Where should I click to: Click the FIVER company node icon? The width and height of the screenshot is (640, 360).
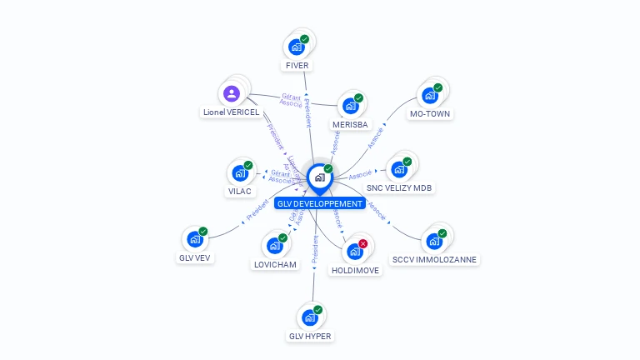point(296,47)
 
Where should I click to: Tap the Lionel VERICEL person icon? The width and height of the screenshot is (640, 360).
point(232,93)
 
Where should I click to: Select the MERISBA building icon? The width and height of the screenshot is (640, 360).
point(350,106)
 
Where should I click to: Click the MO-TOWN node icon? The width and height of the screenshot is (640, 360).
point(430,95)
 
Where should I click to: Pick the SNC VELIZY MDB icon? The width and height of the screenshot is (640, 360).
point(399,169)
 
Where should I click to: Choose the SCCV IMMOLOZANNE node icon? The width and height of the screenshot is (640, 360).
point(434,241)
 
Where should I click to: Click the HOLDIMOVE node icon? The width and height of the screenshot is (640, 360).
point(354,251)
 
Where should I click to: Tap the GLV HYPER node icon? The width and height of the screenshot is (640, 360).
point(309,317)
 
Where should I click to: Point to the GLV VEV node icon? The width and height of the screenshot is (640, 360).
point(195,239)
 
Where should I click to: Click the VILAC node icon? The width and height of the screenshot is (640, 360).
point(240,173)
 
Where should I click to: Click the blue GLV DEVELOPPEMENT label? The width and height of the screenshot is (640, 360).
point(320,203)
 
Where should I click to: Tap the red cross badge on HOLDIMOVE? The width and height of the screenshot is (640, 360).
point(362,243)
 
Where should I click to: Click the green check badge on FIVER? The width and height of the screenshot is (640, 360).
point(304,39)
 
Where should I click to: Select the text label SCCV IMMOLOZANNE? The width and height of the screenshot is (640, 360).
point(434,259)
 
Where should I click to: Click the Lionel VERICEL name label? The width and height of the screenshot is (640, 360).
point(232,112)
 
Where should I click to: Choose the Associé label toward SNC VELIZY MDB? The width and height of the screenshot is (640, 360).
point(360,175)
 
